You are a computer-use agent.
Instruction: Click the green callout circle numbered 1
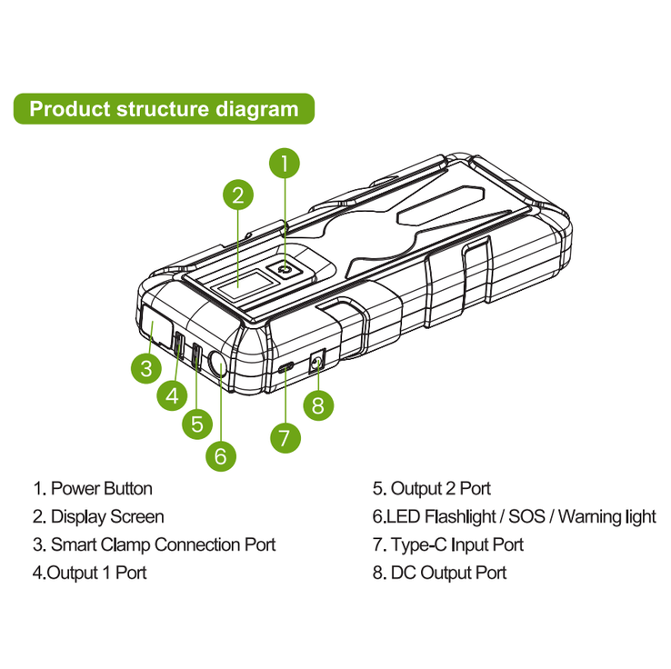[285, 163]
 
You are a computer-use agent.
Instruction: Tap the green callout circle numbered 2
[238, 195]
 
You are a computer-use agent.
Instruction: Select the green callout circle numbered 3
[146, 368]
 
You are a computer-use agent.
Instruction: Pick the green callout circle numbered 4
[172, 395]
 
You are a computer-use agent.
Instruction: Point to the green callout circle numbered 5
[197, 424]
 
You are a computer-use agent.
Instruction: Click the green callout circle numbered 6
[220, 456]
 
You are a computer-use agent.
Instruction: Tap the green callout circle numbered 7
[285, 437]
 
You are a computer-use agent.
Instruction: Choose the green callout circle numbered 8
[318, 405]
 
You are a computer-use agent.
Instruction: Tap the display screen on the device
[245, 285]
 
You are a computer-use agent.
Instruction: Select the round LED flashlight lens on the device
[216, 364]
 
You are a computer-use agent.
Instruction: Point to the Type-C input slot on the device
[285, 367]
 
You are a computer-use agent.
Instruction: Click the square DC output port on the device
[316, 362]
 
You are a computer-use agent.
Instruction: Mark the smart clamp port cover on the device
[155, 325]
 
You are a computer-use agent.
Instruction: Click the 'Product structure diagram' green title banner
[164, 109]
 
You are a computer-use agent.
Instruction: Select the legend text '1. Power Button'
[93, 488]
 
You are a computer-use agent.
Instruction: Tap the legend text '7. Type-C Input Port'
[448, 544]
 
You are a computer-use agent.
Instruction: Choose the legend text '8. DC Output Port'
[439, 573]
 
